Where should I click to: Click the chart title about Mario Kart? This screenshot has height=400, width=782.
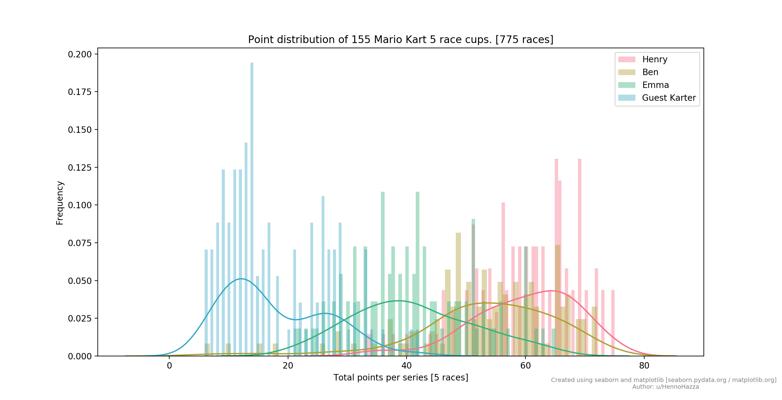click(400, 40)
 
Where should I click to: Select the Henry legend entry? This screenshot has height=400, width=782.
click(654, 60)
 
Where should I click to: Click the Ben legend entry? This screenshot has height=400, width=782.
click(650, 72)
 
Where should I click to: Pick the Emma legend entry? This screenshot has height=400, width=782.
click(655, 85)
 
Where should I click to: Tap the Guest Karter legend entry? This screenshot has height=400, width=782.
click(669, 98)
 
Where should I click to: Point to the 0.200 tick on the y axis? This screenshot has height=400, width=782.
click(81, 54)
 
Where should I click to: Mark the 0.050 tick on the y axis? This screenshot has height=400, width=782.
click(81, 280)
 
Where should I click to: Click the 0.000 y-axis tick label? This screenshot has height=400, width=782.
click(81, 356)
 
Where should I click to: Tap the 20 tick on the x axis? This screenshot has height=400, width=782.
click(288, 366)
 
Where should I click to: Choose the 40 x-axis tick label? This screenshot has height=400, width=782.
click(407, 366)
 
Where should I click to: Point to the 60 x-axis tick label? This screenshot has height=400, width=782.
click(526, 366)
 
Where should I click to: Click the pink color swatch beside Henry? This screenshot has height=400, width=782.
click(627, 60)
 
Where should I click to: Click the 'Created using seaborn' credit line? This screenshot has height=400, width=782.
click(663, 380)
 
